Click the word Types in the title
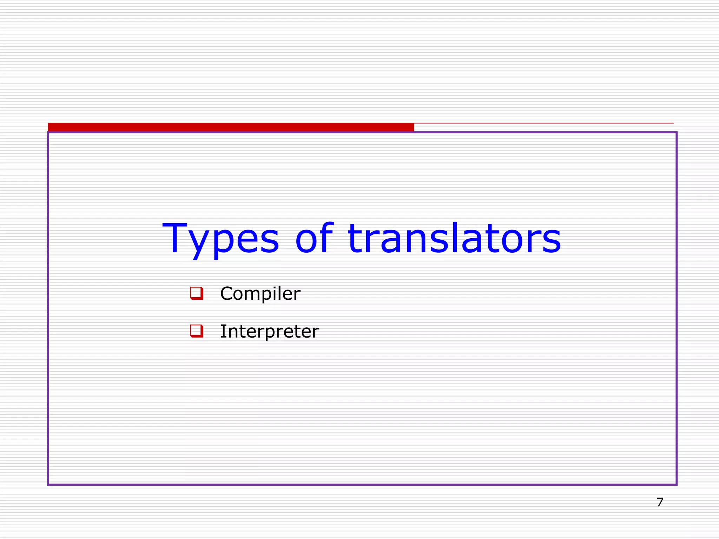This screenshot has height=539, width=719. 221,239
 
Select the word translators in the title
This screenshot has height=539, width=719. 454,239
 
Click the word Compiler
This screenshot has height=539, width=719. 260,293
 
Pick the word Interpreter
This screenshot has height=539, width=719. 269,331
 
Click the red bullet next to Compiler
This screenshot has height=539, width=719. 197,293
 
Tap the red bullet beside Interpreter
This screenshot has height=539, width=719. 197,331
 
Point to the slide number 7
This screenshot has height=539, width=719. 660,502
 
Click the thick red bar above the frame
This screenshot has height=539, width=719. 231,127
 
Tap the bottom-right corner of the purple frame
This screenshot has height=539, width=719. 676,485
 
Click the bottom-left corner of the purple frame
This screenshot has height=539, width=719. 48,485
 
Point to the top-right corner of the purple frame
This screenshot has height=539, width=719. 676,133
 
